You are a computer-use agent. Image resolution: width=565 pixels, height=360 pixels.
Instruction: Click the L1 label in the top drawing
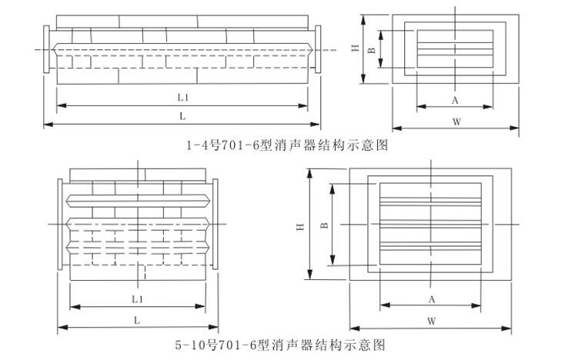[182, 98]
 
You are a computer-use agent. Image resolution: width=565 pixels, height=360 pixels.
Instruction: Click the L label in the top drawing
[182, 116]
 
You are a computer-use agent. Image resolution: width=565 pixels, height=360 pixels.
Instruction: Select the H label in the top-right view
[355, 48]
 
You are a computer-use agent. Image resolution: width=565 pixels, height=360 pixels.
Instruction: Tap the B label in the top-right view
[371, 51]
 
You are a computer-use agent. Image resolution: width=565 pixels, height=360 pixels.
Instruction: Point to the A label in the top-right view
[455, 101]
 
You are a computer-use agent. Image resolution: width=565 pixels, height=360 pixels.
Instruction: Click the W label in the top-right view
[455, 121]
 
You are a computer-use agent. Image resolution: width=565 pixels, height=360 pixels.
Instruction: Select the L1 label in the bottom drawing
[135, 297]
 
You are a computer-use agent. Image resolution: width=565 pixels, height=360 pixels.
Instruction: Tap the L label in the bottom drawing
[135, 318]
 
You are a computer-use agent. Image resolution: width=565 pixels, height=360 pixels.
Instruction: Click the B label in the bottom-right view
[323, 225]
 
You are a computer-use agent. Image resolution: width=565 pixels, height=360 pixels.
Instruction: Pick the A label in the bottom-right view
[432, 298]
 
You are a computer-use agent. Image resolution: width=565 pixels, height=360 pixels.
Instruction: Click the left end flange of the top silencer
[48, 51]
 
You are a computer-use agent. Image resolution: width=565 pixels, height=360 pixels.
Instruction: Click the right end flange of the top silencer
[316, 51]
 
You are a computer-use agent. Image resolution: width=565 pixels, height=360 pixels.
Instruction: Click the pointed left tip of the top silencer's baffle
[52, 51]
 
